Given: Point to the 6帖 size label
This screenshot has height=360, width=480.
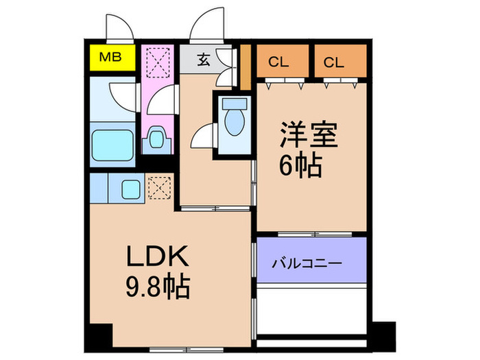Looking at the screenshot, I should coord(300,167).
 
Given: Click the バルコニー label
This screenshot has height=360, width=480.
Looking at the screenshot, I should coord(307,263).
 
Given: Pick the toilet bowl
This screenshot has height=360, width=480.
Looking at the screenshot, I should coord(235,122).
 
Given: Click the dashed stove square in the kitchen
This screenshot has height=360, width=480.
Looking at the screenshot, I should coord(159,187).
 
